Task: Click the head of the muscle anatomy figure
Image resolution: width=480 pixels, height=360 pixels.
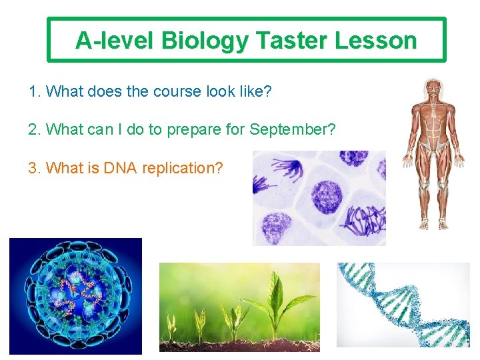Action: (435, 88)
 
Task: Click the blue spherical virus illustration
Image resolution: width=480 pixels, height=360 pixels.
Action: (75, 295)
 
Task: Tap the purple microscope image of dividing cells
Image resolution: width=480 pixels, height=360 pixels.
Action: (319, 198)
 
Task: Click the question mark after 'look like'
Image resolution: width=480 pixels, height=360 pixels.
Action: (267, 91)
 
